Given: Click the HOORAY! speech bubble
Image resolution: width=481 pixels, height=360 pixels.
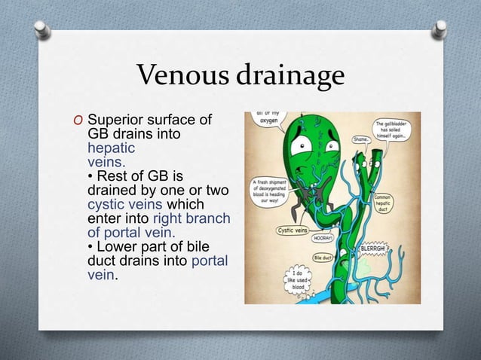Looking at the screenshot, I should [x=325, y=236].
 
